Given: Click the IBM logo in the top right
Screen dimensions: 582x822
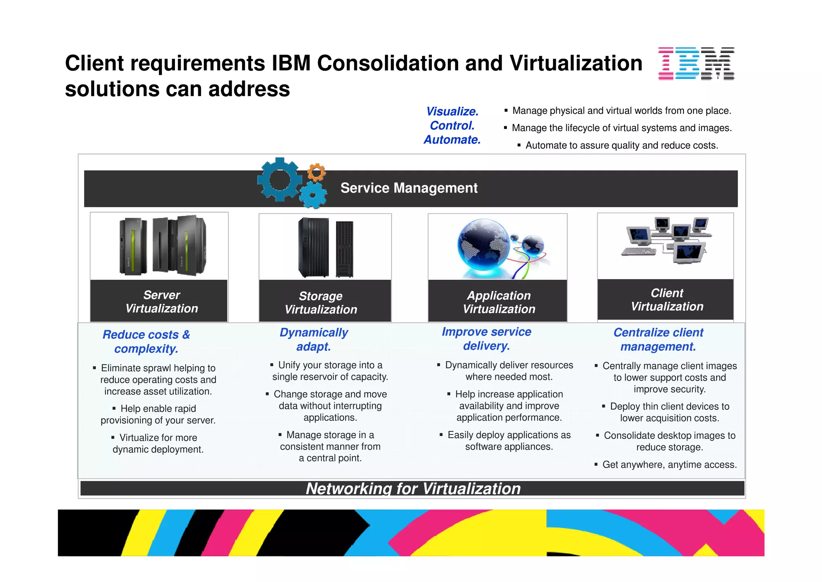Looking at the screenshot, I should (696, 64).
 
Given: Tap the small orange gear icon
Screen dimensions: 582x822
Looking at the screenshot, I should (317, 172).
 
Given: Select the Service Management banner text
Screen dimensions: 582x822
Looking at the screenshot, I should (409, 188).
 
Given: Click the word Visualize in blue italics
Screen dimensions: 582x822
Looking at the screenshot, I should (452, 111).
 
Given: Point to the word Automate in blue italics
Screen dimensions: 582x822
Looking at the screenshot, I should (452, 139).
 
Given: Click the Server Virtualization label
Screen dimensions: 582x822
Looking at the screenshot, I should (161, 301).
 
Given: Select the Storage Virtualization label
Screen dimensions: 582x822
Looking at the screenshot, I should (321, 303).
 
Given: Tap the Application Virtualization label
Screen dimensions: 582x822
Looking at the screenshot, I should (499, 302).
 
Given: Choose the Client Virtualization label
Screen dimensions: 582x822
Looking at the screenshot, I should (667, 300).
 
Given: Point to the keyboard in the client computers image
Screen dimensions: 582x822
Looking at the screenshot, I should (638, 252).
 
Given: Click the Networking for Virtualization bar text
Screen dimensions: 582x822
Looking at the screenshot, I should (413, 489).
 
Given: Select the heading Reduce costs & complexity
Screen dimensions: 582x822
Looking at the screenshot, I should (146, 342).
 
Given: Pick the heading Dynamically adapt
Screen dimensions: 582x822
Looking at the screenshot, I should (313, 340).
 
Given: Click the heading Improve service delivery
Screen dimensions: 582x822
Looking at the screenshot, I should (486, 339).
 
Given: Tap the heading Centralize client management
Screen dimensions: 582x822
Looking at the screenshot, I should (658, 340).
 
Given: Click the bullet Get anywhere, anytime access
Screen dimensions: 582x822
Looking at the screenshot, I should (669, 465).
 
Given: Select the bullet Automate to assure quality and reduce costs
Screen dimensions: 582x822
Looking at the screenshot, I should (621, 145).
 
